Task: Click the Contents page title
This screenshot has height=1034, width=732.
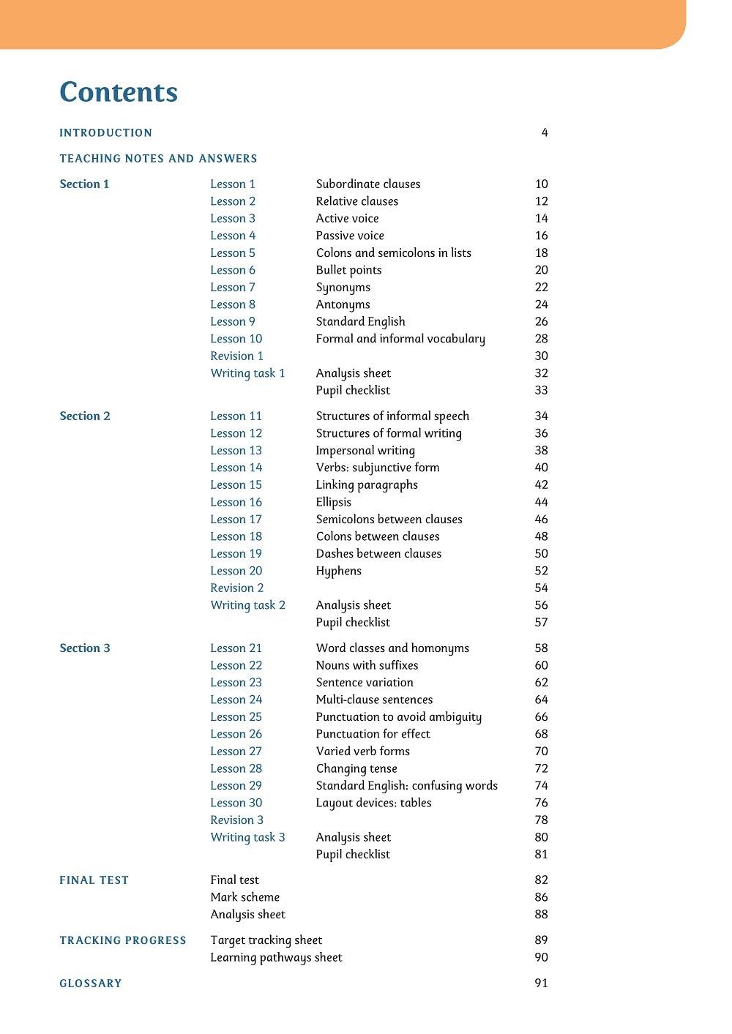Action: pyautogui.click(x=119, y=92)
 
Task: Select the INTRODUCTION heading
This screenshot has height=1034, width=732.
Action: pyautogui.click(x=106, y=132)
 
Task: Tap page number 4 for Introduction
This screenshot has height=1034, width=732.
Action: pyautogui.click(x=545, y=132)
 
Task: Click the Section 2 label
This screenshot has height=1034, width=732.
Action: pyautogui.click(x=85, y=416)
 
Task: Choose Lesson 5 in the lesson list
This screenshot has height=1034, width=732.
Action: pyautogui.click(x=233, y=252)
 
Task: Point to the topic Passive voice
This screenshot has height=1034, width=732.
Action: pyautogui.click(x=350, y=236)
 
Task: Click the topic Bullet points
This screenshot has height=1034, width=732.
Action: pyautogui.click(x=348, y=270)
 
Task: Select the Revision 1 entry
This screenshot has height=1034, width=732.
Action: pyautogui.click(x=236, y=356)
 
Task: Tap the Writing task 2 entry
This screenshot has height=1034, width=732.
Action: pyautogui.click(x=247, y=605)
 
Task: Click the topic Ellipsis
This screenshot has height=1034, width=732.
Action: pyautogui.click(x=334, y=502)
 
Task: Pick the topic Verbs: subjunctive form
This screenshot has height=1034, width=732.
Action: pyautogui.click(x=378, y=468)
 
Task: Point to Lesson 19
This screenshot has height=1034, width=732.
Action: pyautogui.click(x=236, y=553)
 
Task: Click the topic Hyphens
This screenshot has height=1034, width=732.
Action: pyautogui.click(x=339, y=571)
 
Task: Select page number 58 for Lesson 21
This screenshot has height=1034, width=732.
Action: pyautogui.click(x=541, y=648)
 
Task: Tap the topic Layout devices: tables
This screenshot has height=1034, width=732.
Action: pyautogui.click(x=373, y=803)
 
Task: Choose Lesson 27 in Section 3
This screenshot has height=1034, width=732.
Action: pyautogui.click(x=236, y=751)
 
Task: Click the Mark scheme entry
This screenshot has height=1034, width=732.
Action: pyautogui.click(x=244, y=897)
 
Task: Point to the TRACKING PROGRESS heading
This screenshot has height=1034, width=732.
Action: pyautogui.click(x=123, y=940)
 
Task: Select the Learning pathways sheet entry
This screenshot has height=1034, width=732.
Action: pyautogui.click(x=276, y=957)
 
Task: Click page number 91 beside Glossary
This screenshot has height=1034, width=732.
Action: pyautogui.click(x=541, y=983)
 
